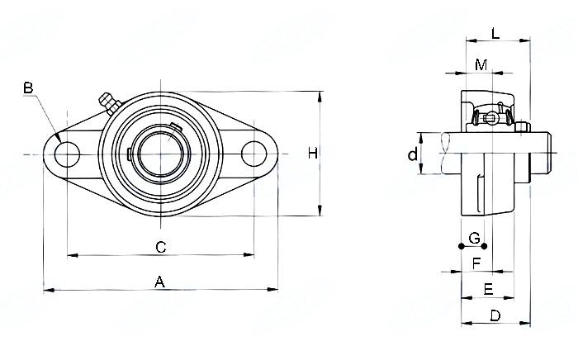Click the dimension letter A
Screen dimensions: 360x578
pyautogui.click(x=160, y=282)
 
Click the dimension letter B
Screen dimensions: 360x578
pyautogui.click(x=28, y=88)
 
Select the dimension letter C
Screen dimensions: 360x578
pyautogui.click(x=161, y=246)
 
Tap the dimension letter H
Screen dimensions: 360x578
pyautogui.click(x=312, y=153)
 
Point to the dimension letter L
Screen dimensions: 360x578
pyautogui.click(x=495, y=34)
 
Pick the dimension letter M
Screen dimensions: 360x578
pyautogui.click(x=481, y=64)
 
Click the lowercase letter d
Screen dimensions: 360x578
pyautogui.click(x=411, y=154)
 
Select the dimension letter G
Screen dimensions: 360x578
pyautogui.click(x=474, y=239)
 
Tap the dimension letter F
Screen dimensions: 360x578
pyautogui.click(x=476, y=263)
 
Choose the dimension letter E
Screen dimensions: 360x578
pyautogui.click(x=487, y=289)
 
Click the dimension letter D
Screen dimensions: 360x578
pyautogui.click(x=495, y=315)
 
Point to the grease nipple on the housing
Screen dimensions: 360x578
pyautogui.click(x=106, y=101)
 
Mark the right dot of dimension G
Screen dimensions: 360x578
pyautogui.click(x=484, y=245)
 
